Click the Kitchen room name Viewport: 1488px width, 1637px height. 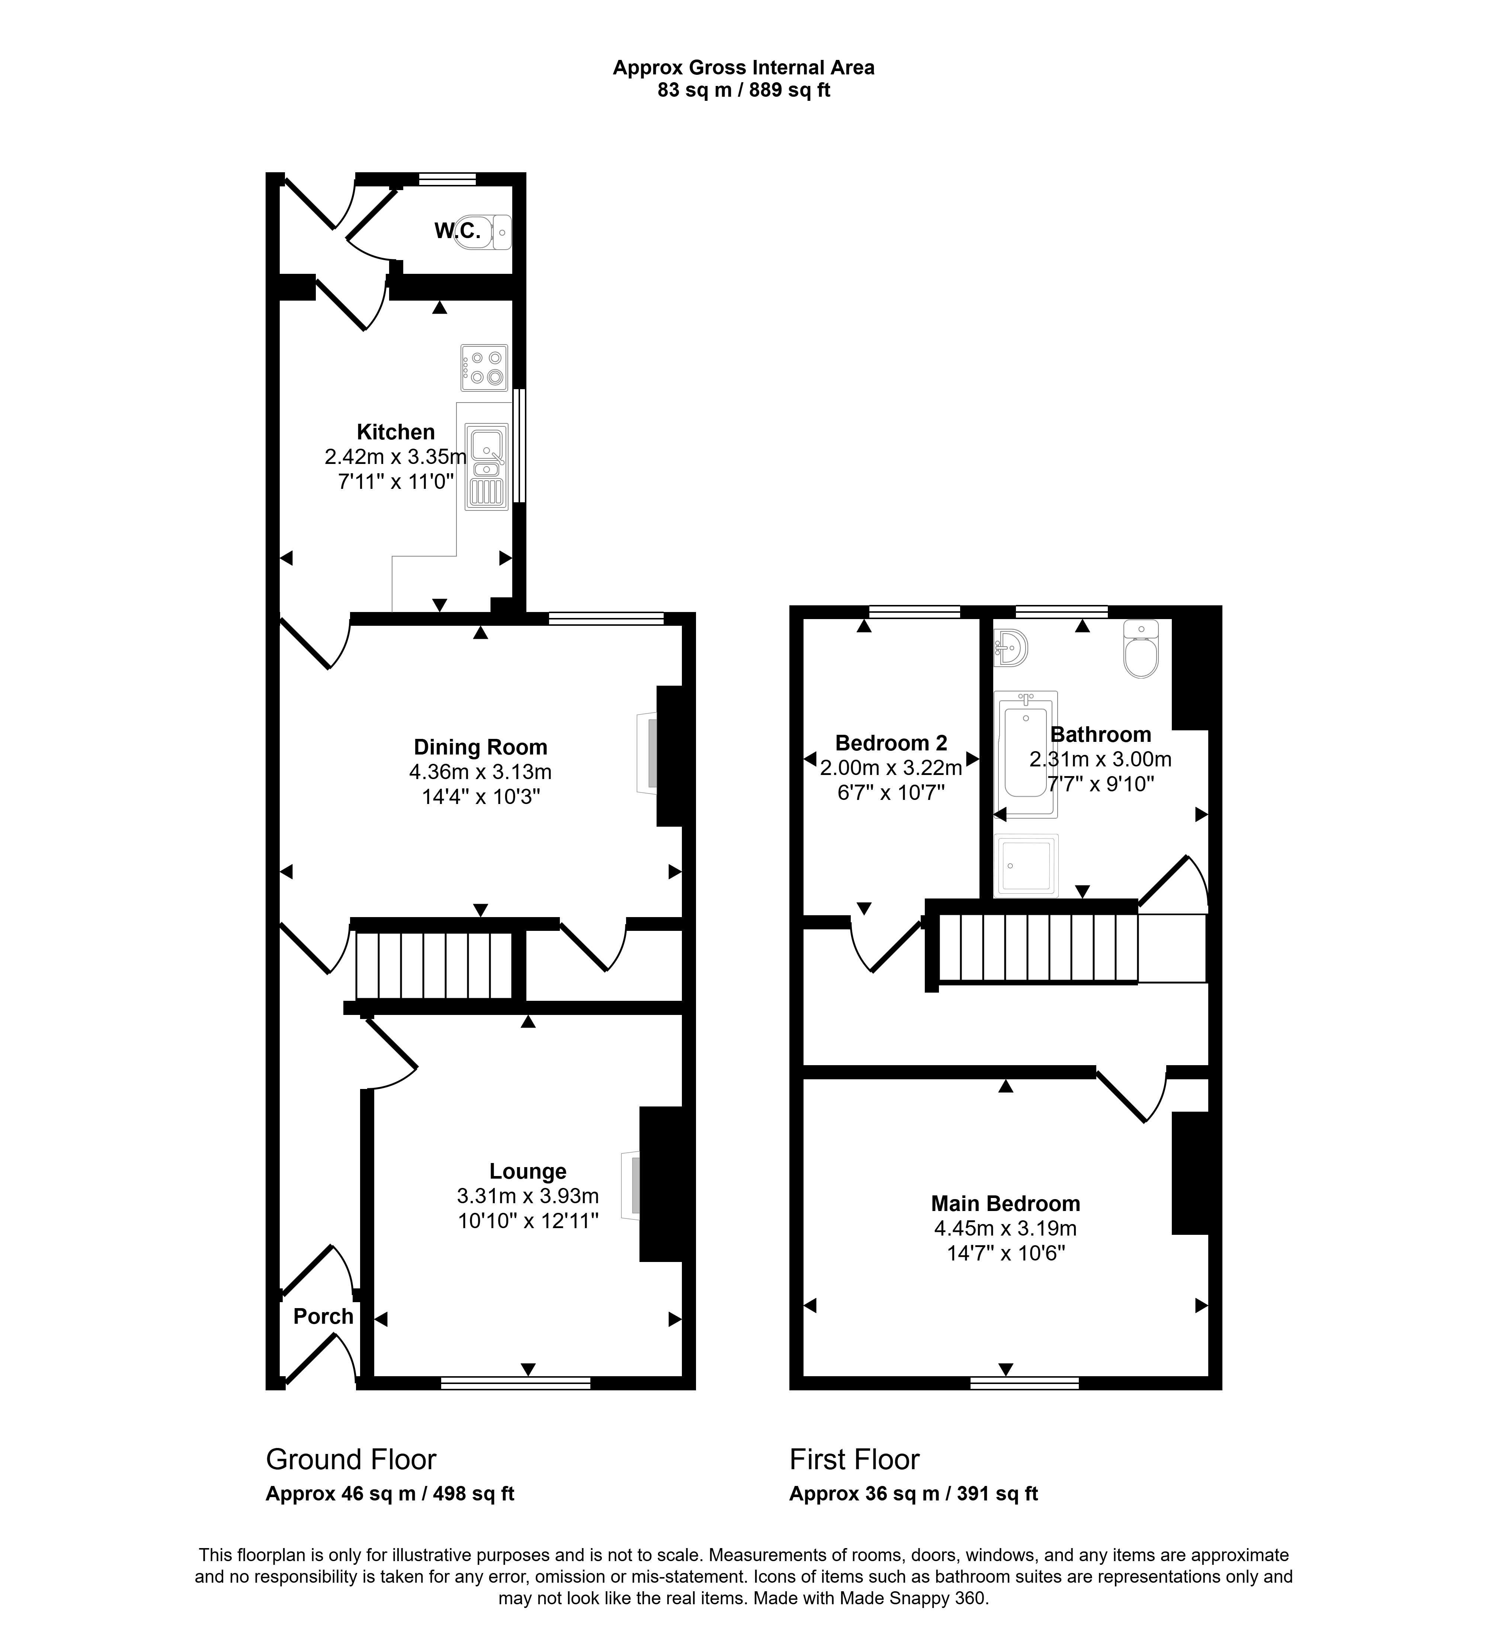396,432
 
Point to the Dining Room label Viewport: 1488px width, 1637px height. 481,747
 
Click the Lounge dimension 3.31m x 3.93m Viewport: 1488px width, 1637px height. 527,1196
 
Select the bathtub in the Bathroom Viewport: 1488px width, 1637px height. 1026,753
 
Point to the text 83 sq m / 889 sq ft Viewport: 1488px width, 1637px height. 744,90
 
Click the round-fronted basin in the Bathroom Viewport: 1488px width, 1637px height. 1011,647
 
